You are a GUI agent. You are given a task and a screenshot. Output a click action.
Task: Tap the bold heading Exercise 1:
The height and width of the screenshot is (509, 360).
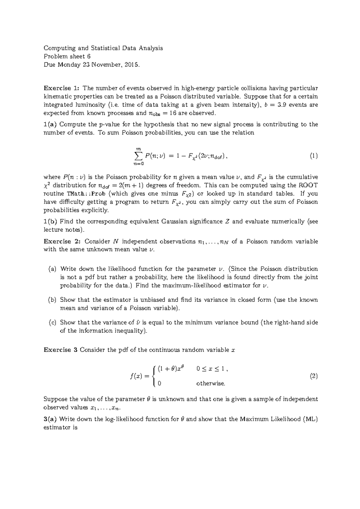(62, 88)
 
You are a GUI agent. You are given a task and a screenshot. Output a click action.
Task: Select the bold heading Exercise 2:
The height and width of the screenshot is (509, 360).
(62, 241)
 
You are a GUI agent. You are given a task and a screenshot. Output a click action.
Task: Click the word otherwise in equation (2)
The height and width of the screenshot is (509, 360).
(211, 383)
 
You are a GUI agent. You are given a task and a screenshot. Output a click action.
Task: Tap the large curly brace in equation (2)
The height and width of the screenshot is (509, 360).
(154, 376)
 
